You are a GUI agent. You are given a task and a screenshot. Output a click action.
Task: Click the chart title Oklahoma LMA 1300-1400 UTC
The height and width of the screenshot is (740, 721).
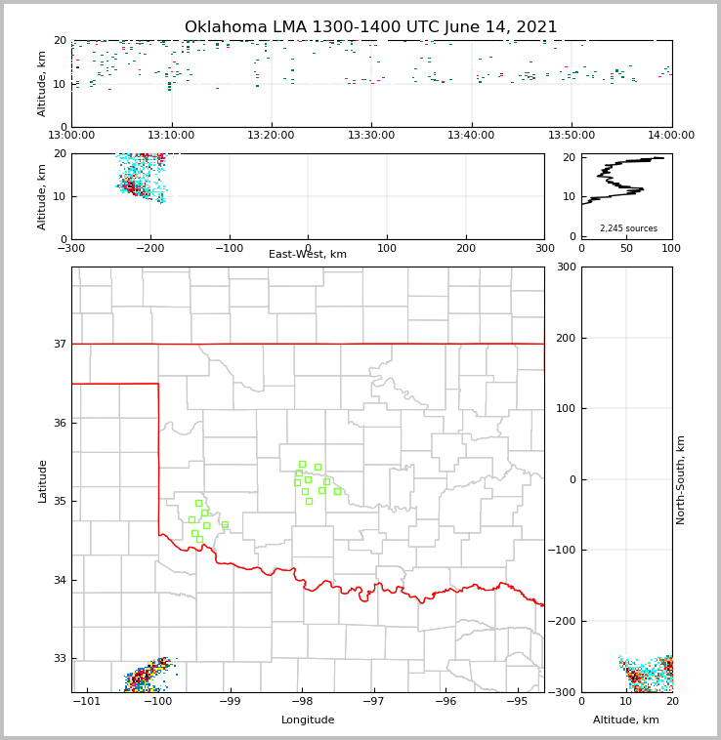[370, 27]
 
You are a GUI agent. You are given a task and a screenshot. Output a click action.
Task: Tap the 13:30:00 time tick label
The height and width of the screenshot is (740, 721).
[371, 136]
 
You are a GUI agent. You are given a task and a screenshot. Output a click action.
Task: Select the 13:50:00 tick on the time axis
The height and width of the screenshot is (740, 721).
[572, 136]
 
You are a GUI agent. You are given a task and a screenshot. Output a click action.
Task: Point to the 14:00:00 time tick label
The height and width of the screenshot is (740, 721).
[671, 136]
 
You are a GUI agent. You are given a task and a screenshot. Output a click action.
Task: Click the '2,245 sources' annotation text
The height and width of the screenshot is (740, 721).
[628, 228]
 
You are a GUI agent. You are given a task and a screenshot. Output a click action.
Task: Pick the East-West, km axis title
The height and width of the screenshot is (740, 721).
[308, 255]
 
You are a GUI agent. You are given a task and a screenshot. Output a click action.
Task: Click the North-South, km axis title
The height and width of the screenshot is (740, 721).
[681, 479]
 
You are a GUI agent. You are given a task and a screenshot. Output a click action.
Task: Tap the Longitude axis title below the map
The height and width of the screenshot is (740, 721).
[308, 720]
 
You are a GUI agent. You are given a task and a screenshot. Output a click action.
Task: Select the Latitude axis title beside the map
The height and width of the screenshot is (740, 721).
[42, 480]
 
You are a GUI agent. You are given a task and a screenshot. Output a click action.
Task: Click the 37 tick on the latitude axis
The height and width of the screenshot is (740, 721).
[61, 344]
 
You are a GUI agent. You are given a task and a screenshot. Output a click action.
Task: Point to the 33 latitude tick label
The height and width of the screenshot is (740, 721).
[61, 659]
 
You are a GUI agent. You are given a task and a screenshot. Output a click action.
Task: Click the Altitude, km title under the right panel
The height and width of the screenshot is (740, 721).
[626, 720]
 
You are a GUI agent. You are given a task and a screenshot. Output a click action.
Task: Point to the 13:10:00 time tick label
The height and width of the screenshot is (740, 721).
[171, 136]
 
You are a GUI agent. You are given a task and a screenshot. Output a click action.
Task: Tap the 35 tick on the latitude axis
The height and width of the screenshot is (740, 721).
[61, 502]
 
